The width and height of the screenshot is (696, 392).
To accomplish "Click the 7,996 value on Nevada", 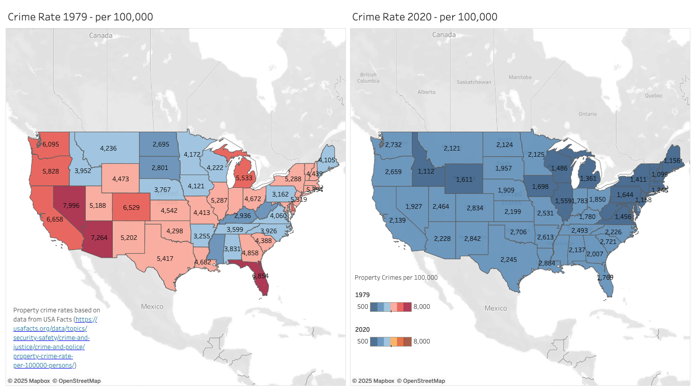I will (71, 206).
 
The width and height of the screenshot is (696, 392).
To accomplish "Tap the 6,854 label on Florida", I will (261, 276).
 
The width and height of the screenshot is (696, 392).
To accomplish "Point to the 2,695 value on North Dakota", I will (161, 145).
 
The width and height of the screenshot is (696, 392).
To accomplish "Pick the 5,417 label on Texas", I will (165, 259).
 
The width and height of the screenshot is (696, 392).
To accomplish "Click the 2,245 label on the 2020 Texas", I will (509, 259).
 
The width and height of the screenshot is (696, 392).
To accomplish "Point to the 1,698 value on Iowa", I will (541, 187).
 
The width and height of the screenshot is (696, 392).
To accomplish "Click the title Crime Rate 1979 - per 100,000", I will (80, 17).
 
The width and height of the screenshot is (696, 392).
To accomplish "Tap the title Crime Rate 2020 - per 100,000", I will (425, 17).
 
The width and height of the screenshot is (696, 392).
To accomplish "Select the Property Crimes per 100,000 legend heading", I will (396, 278).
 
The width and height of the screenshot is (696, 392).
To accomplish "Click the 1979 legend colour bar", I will (390, 307).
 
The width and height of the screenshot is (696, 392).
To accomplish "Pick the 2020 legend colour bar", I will (390, 341).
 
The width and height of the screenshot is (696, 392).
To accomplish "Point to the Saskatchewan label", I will (474, 82).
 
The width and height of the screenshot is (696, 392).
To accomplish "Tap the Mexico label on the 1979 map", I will (152, 307).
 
